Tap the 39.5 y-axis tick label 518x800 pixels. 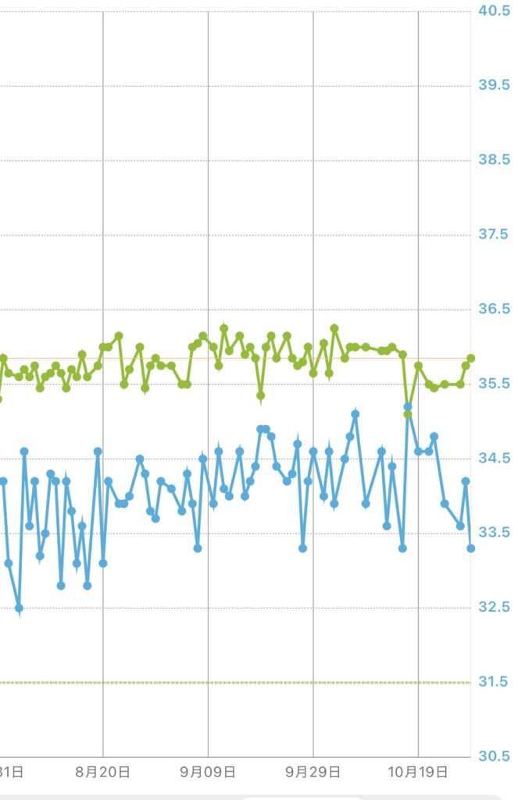point(494,85)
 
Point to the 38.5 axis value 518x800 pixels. point(494,159)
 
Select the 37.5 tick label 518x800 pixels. point(494,234)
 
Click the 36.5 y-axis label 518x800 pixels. point(494,309)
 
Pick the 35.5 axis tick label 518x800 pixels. point(494,384)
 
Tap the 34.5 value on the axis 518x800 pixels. point(494,458)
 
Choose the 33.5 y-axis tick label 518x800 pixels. point(494,533)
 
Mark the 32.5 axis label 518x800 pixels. point(494,607)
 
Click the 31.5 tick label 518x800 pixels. point(494,682)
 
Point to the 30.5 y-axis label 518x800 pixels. point(494,756)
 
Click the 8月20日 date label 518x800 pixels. point(102,772)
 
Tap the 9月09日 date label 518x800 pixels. point(208,772)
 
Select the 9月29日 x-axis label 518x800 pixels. point(313,772)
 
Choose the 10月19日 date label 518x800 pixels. point(417,772)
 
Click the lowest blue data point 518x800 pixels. point(19,608)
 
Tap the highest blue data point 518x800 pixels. point(408,406)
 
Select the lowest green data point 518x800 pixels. point(408,414)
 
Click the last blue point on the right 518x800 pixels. point(470,548)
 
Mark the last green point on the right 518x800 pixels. point(470,358)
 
